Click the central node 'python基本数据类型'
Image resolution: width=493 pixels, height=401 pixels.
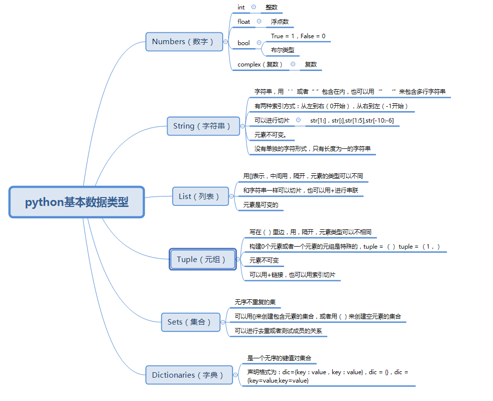[77, 202]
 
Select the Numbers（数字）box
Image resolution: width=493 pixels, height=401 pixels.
[183, 42]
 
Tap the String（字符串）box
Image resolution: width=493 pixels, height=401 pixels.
[202, 126]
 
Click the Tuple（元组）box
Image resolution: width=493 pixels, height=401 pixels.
[202, 260]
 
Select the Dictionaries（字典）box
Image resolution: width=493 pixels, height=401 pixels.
[188, 375]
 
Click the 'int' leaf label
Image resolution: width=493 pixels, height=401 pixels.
[241, 7]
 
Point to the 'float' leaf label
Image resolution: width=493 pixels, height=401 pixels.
[244, 21]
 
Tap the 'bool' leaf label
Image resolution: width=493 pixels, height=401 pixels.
[244, 43]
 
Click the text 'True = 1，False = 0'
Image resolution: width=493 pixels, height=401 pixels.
[299, 36]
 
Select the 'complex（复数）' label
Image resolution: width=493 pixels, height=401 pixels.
[260, 65]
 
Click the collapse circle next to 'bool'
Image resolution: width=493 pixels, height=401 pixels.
[259, 43]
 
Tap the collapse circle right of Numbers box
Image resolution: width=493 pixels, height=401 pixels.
[226, 42]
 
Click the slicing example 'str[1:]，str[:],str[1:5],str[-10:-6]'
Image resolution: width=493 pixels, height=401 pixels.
[352, 121]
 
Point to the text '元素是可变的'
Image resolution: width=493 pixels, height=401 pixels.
[261, 205]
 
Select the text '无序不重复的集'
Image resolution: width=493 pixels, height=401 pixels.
[255, 302]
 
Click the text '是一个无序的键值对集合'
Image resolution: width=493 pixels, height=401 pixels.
[279, 358]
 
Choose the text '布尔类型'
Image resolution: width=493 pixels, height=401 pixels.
[283, 50]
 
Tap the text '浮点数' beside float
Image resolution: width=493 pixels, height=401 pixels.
[280, 22]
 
